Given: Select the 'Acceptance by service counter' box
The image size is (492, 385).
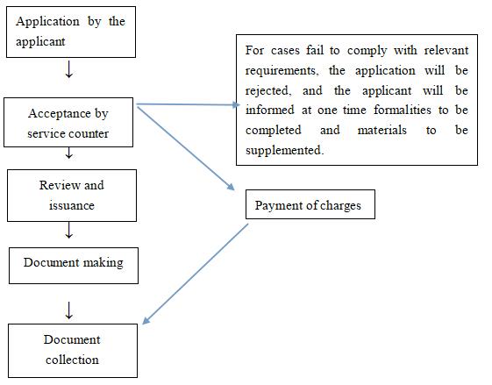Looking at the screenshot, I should [68, 124].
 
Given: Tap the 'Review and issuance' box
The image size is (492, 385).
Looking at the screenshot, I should [72, 195].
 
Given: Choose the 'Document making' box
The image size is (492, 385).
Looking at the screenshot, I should [74, 263].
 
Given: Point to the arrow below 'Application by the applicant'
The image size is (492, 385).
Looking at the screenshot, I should [68, 70].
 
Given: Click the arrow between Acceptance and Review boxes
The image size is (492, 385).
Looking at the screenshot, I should [68, 155].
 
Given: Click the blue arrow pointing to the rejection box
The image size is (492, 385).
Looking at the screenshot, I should [189, 104].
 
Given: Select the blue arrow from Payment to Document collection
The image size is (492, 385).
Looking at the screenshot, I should [195, 274].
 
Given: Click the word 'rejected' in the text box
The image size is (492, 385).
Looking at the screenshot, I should [269, 89].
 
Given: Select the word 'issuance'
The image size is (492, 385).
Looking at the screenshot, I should [72, 204].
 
